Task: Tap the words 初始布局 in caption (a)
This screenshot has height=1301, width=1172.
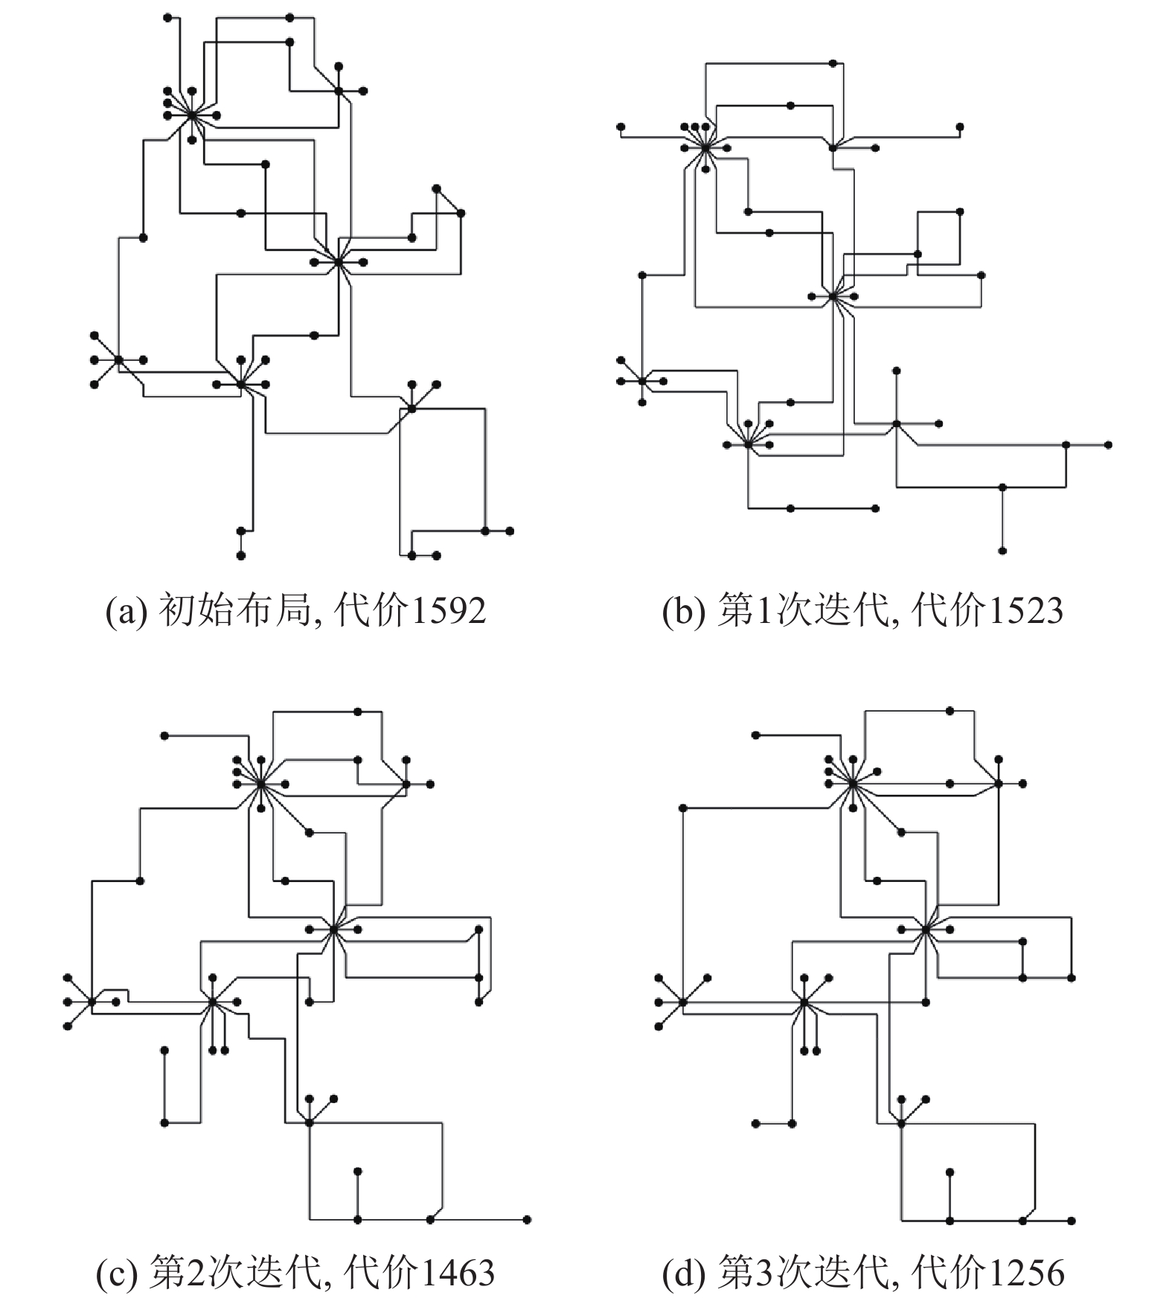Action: [234, 610]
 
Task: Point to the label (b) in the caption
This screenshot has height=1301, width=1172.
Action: [680, 612]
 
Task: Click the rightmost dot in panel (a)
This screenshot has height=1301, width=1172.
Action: [510, 531]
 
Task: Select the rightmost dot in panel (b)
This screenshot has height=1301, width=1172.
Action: [1109, 444]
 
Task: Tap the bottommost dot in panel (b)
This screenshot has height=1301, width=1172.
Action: [1002, 551]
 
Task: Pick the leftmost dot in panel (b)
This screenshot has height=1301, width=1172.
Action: [620, 127]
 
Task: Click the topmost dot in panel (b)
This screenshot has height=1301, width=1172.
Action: [833, 63]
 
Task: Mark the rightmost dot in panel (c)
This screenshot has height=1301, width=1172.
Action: [528, 1219]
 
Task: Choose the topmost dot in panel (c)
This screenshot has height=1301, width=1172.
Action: [358, 712]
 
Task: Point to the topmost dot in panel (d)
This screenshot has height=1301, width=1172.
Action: [950, 712]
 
